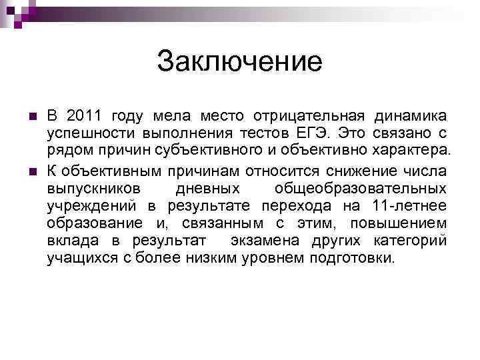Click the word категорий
point(410,240)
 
